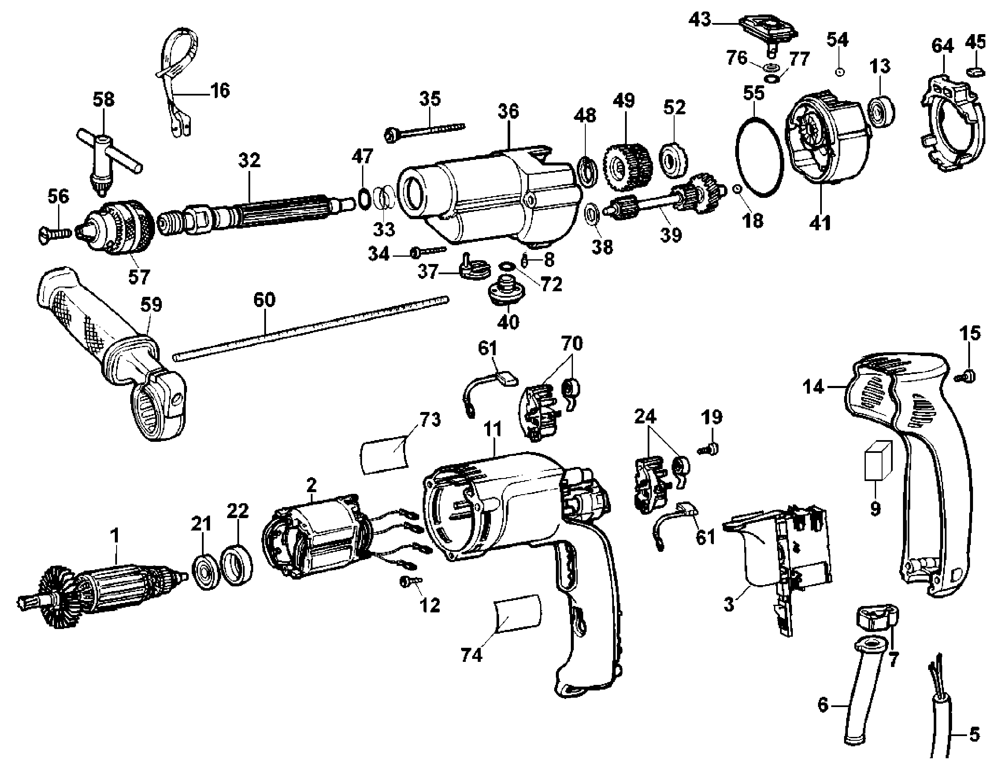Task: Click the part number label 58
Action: [x=103, y=100]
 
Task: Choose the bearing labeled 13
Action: [x=881, y=111]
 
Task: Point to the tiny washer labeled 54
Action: [x=840, y=72]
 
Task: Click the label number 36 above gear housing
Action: [x=508, y=112]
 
